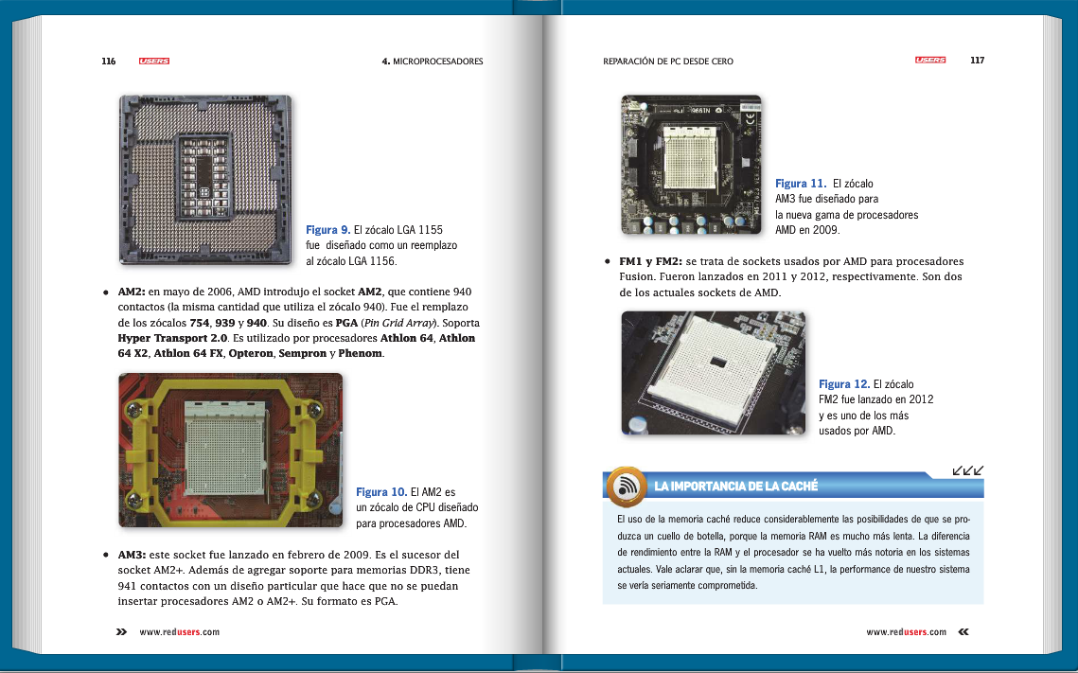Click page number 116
(109, 62)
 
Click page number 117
(977, 61)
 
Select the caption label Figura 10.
(381, 492)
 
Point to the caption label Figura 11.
(800, 184)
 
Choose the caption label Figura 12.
(843, 384)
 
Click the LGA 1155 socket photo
(205, 179)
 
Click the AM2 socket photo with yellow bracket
(230, 450)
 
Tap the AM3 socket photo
(691, 164)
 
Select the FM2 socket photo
(713, 373)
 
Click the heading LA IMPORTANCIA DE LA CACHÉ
(735, 487)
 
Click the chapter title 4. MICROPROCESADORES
(432, 62)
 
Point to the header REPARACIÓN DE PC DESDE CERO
(667, 62)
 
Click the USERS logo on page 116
(153, 62)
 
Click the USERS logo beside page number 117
(930, 61)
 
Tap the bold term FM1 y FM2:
(650, 261)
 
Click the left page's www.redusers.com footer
(179, 632)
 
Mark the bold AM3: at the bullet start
(131, 555)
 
